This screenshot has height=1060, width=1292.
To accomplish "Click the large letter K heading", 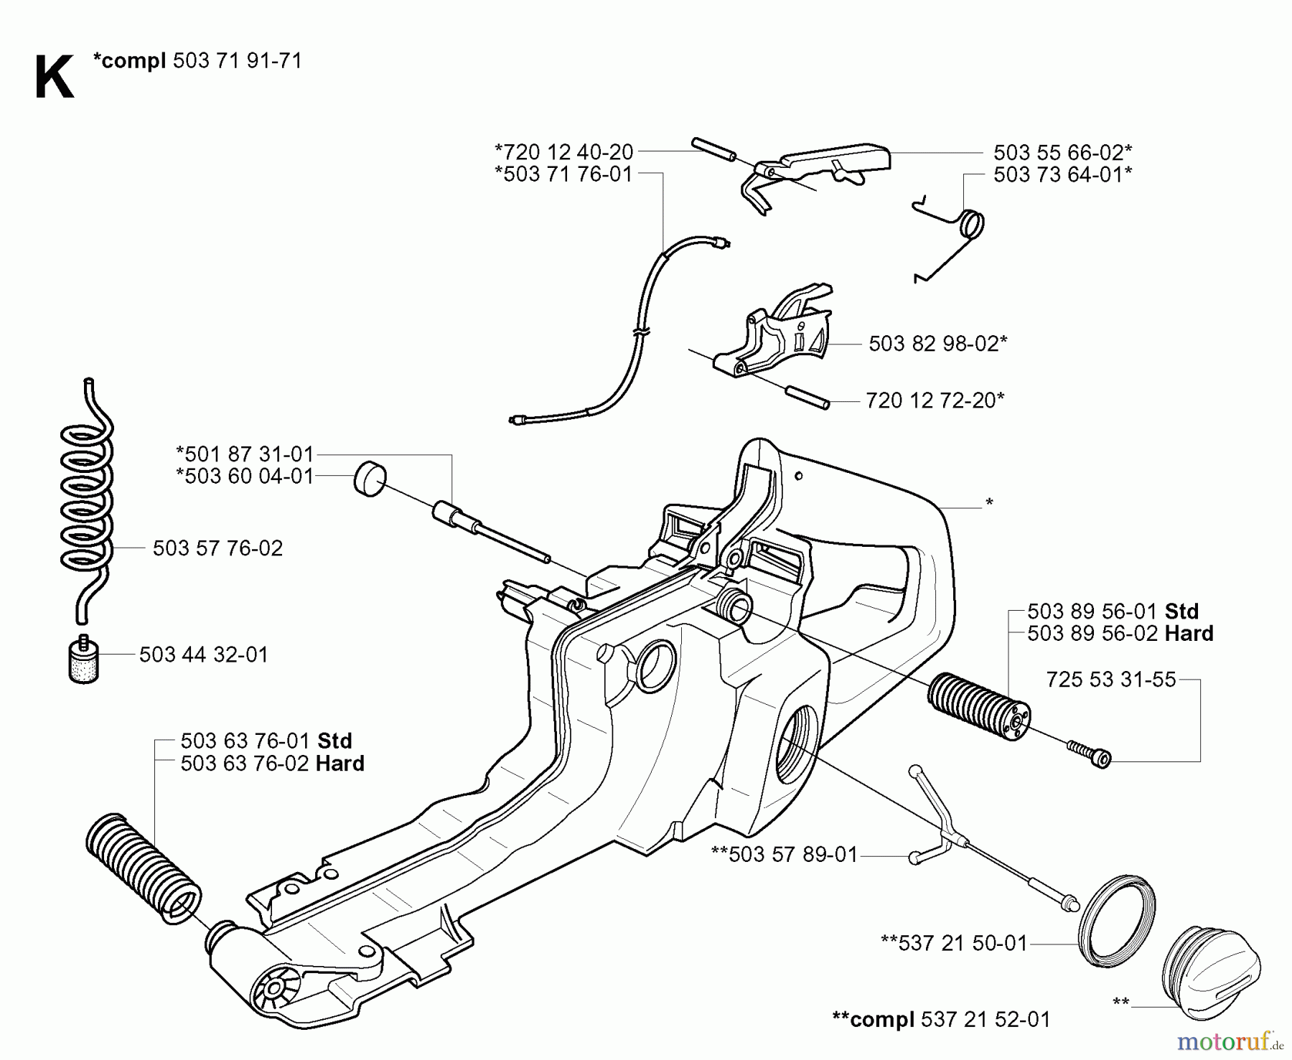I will pos(53,78).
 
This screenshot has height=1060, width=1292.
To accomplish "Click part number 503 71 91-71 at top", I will pos(237,60).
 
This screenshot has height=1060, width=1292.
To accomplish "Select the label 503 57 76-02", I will pos(217,548).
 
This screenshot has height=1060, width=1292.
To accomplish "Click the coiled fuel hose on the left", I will pos(86,502).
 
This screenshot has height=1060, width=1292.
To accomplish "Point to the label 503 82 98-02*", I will pos(937,344).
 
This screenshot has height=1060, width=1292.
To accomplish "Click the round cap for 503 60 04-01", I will pos(370,478).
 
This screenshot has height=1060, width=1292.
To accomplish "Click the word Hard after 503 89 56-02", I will pos(1189,634).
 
